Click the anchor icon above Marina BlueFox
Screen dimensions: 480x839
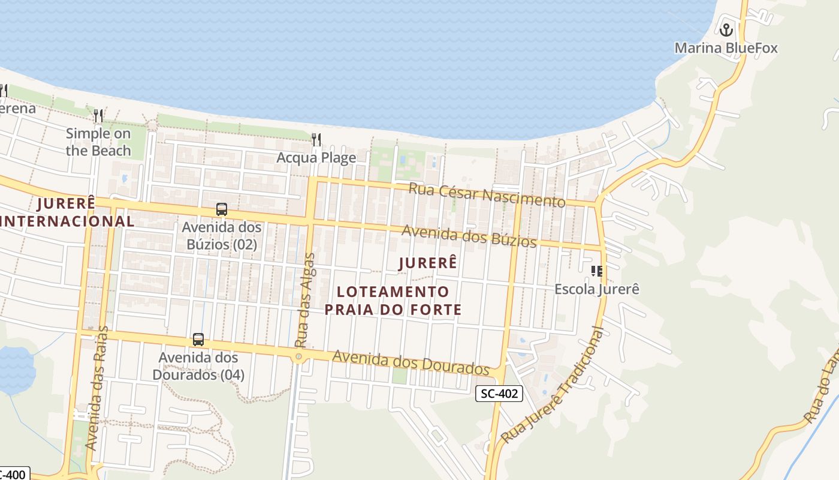[726, 29]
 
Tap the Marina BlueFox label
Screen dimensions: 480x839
[726, 48]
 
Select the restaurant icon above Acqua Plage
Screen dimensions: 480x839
[316, 140]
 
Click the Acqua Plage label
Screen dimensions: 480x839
[316, 158]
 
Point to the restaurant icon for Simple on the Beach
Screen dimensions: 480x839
[99, 115]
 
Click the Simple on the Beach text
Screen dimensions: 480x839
[98, 142]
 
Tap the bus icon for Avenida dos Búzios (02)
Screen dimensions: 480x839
[222, 209]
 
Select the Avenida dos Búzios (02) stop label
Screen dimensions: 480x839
[222, 236]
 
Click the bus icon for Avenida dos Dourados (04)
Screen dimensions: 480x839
[198, 340]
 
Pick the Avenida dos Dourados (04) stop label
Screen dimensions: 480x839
[198, 366]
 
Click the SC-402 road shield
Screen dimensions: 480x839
[499, 394]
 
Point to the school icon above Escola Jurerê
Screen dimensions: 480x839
[596, 271]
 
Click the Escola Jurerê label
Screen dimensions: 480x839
[597, 289]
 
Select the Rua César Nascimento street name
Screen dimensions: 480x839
[487, 195]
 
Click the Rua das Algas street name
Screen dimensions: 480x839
[306, 300]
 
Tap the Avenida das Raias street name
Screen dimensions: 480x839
[97, 388]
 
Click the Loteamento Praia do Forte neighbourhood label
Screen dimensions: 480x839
[393, 301]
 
